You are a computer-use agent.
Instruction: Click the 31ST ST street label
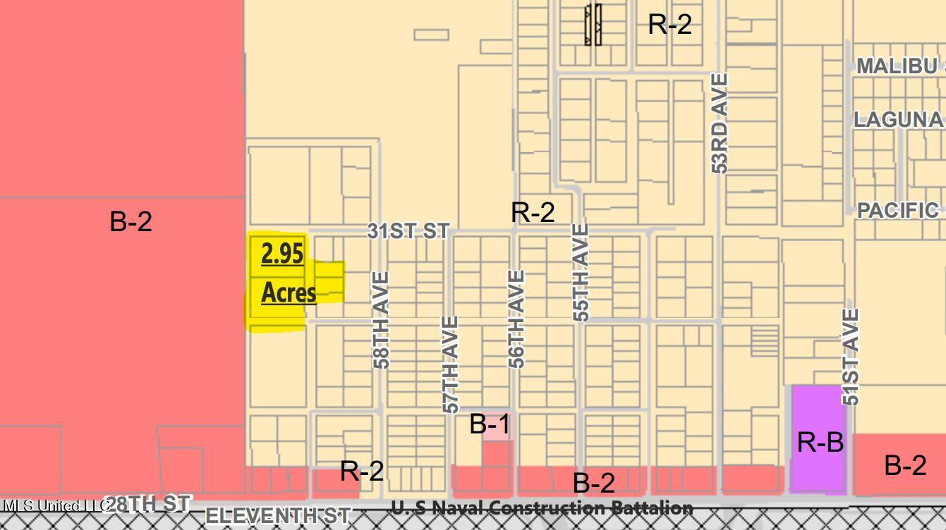(x=408, y=230)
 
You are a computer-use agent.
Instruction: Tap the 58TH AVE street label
(x=381, y=320)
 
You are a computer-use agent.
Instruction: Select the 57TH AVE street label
(x=451, y=364)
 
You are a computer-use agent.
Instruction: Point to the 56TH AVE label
(x=517, y=319)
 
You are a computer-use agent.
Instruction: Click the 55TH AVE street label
(x=581, y=273)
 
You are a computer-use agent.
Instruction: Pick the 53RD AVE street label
(x=719, y=123)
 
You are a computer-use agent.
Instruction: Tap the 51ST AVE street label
(x=851, y=357)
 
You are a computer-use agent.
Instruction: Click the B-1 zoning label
(x=490, y=424)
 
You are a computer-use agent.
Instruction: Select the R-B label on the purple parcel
(x=820, y=442)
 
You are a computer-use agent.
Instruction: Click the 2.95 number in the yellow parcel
(x=282, y=253)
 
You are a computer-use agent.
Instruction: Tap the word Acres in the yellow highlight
(x=289, y=292)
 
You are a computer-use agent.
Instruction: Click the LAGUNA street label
(x=898, y=119)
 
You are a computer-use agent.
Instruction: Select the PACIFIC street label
(x=898, y=210)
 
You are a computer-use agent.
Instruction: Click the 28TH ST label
(x=149, y=503)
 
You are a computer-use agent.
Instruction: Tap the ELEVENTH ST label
(x=277, y=515)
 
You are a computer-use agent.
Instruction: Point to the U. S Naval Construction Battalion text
(x=542, y=507)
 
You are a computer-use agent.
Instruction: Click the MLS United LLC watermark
(x=53, y=505)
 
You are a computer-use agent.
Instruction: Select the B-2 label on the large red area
(x=131, y=221)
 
